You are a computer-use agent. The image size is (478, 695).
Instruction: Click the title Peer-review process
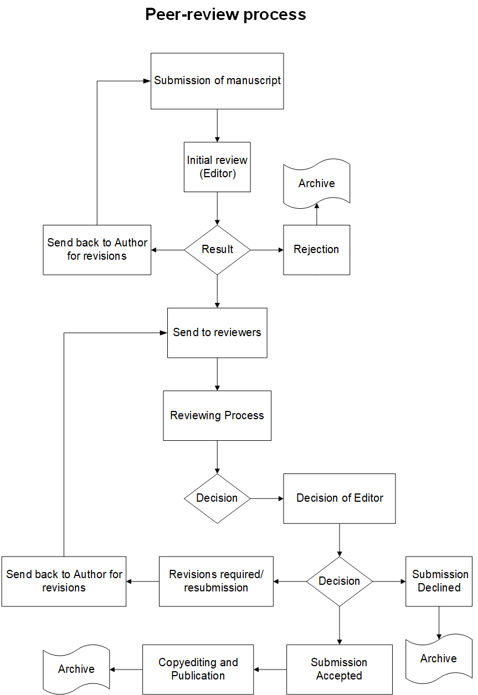(x=225, y=14)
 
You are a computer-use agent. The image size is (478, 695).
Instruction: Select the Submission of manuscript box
(x=217, y=81)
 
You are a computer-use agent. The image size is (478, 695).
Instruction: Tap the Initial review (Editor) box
(x=217, y=167)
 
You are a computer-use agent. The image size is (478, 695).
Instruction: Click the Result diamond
(x=217, y=250)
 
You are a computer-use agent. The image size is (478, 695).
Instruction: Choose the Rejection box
(x=317, y=250)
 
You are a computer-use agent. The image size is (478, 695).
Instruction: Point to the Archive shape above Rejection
(x=317, y=183)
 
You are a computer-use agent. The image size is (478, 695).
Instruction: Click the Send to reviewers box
(x=217, y=333)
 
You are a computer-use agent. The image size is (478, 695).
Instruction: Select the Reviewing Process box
(x=217, y=415)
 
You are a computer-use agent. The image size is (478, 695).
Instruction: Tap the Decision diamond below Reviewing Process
(x=217, y=498)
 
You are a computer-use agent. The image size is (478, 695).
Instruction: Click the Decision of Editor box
(x=340, y=498)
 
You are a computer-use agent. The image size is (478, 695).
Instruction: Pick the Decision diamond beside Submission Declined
(x=340, y=581)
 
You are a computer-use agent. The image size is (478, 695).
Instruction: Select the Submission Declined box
(x=439, y=581)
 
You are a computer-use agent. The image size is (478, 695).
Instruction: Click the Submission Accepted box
(x=340, y=670)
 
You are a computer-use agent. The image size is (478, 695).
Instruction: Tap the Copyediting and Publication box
(x=198, y=670)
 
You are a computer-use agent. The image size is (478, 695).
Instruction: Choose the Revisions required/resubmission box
(x=217, y=581)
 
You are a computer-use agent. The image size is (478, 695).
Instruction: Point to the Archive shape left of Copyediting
(x=76, y=670)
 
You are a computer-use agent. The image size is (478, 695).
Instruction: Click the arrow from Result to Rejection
(x=267, y=250)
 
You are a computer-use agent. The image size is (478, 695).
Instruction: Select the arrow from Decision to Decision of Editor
(x=267, y=498)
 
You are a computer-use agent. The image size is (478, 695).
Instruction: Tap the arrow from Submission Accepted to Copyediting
(x=270, y=670)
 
